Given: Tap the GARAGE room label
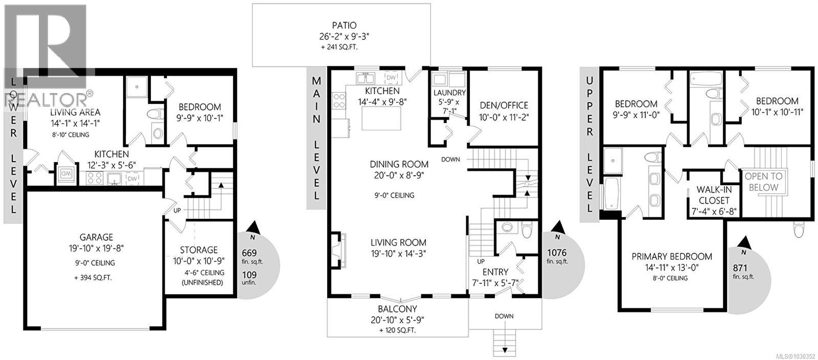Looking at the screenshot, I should tap(96, 237).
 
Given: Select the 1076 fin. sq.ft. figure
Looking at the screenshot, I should tap(557, 252).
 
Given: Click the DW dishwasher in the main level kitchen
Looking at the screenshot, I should tap(391, 78).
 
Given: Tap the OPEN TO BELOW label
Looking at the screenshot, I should tap(763, 182).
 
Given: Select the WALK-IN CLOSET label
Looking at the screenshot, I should tap(714, 195).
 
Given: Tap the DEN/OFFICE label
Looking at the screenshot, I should tap(504, 105).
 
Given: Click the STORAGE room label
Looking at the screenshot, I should tap(198, 250).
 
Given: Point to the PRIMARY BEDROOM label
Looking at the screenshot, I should tap(671, 256).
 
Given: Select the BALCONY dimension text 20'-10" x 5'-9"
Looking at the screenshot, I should tap(397, 320).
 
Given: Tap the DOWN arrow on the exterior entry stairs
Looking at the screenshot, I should tap(505, 350).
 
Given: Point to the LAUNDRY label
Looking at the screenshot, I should tap(449, 93).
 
